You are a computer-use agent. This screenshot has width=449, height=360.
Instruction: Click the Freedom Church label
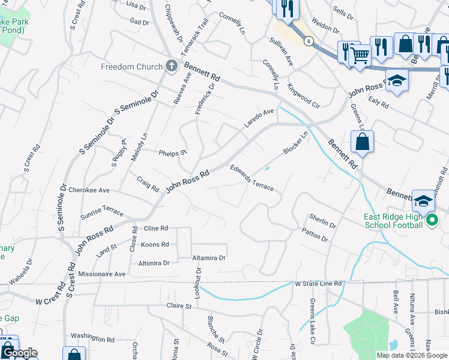click(131, 67)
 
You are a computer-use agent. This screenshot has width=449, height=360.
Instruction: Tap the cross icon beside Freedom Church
click(171, 66)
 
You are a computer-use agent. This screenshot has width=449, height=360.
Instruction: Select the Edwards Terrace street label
click(252, 178)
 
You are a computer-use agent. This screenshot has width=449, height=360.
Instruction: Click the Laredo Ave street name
click(258, 118)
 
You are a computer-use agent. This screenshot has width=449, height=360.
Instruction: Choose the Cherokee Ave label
click(89, 190)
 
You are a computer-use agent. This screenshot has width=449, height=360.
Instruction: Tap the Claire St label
click(178, 306)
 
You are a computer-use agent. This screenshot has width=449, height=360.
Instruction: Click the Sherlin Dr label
click(322, 220)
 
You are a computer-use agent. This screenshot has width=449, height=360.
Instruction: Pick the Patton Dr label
click(315, 235)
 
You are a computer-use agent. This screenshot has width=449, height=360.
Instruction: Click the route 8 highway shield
click(309, 41)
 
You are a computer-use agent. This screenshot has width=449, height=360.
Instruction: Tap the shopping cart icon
click(360, 56)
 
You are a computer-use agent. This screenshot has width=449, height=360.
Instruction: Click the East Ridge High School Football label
click(393, 221)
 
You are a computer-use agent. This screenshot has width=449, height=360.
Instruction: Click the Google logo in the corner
click(19, 353)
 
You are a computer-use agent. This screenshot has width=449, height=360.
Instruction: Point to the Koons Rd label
click(154, 245)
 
